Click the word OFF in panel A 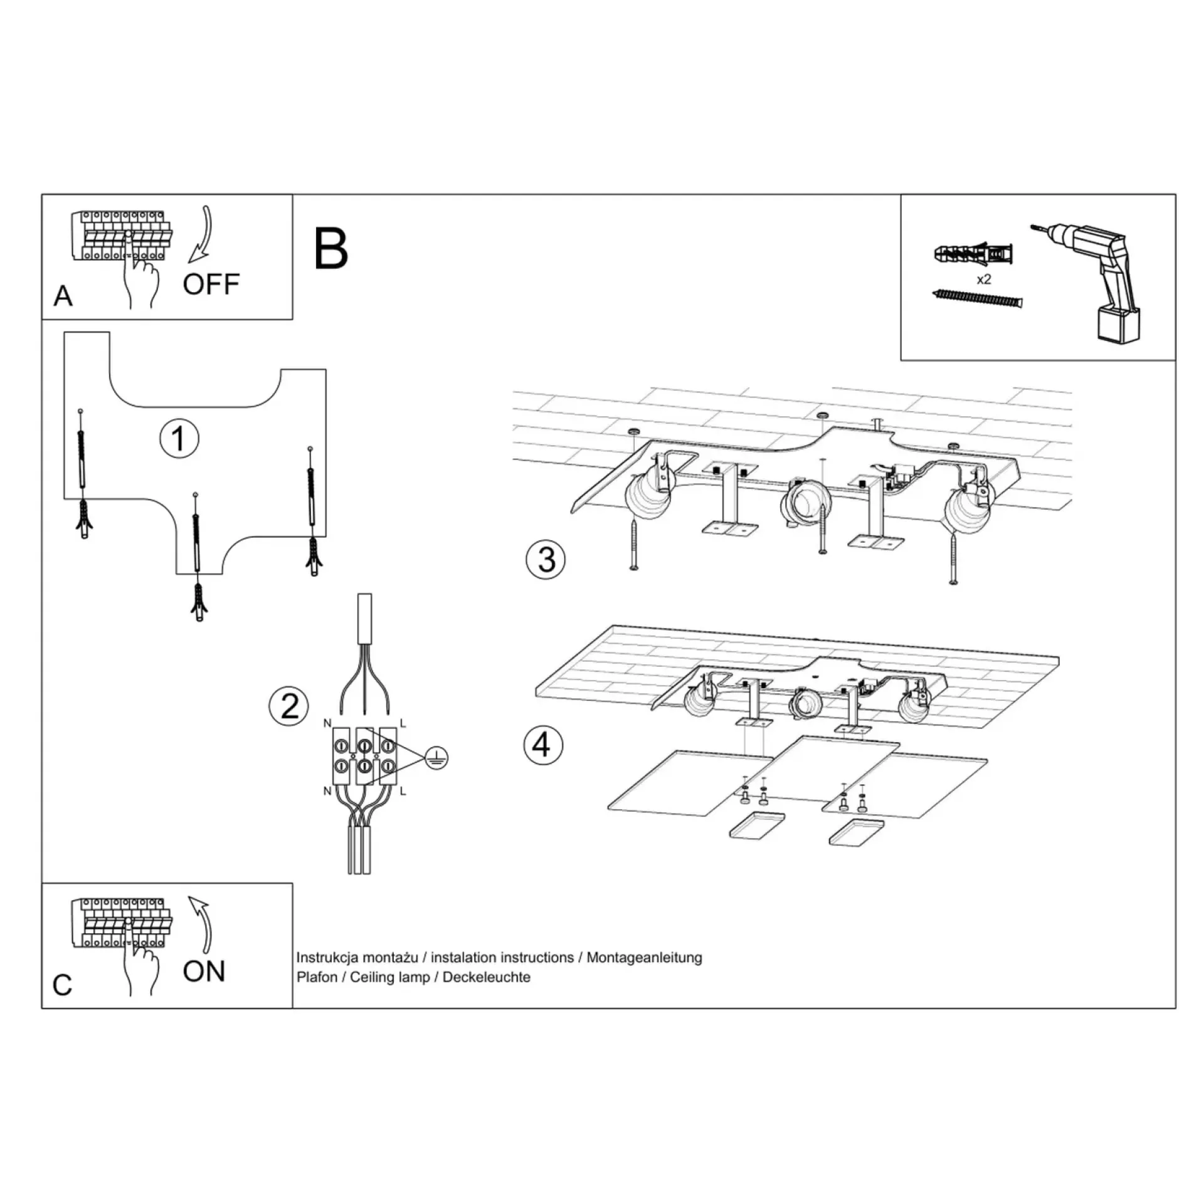(x=211, y=285)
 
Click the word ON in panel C (x=204, y=972)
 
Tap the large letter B (x=330, y=248)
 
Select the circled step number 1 (x=179, y=438)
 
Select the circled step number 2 (x=289, y=706)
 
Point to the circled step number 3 (x=546, y=559)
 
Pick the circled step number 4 (x=543, y=745)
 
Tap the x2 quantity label (x=984, y=280)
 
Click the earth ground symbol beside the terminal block (x=436, y=758)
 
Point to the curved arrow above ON (x=202, y=923)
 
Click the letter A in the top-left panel (x=63, y=296)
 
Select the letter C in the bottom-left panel (x=62, y=985)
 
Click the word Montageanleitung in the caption (x=644, y=958)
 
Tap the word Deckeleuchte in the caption (x=486, y=977)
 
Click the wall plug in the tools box (x=973, y=254)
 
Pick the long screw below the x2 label (x=978, y=298)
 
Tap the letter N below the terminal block (x=327, y=791)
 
